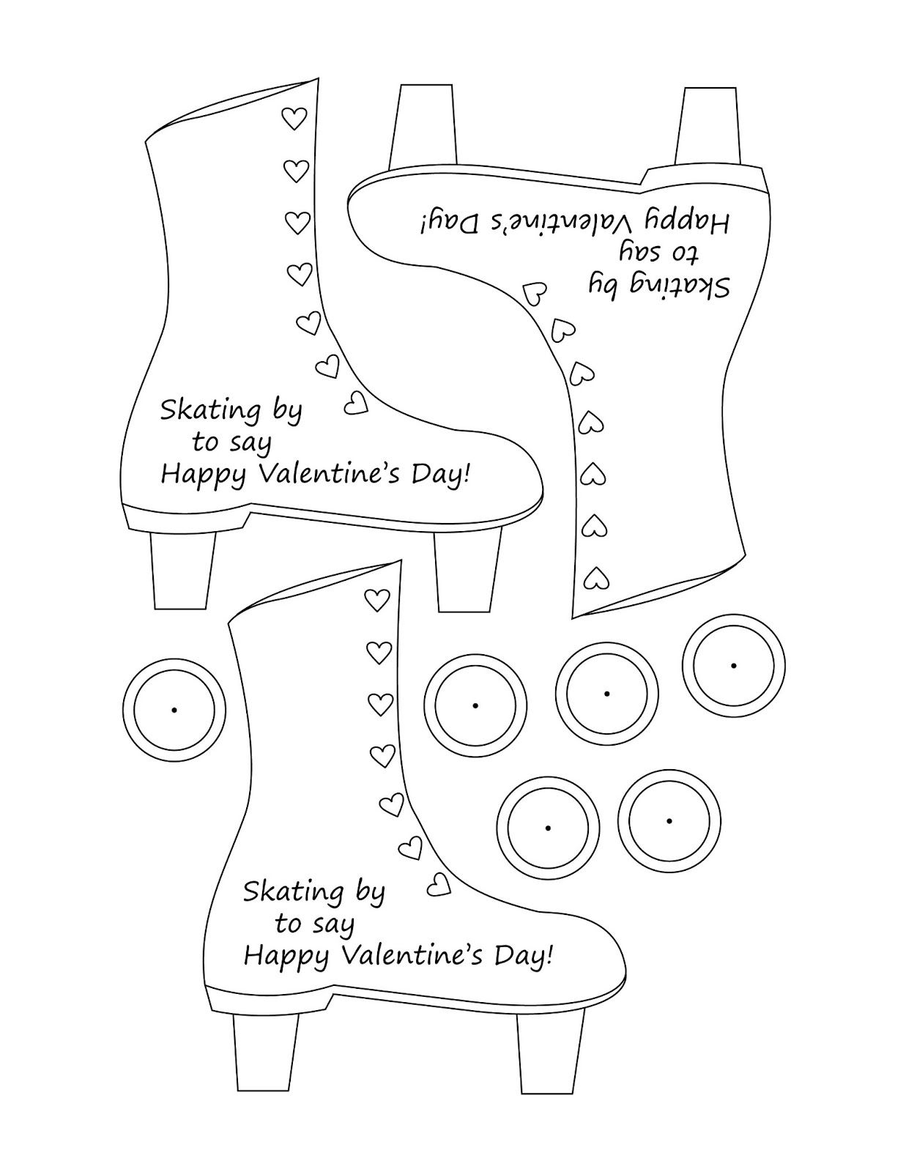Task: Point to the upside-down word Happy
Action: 686,221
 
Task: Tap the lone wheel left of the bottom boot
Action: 174,710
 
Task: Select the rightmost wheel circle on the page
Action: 733,665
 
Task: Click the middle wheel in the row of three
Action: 607,694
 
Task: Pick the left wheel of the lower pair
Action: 548,827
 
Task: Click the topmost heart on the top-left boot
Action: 294,118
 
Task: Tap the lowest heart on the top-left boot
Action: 355,402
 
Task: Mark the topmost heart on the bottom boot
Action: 377,600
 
